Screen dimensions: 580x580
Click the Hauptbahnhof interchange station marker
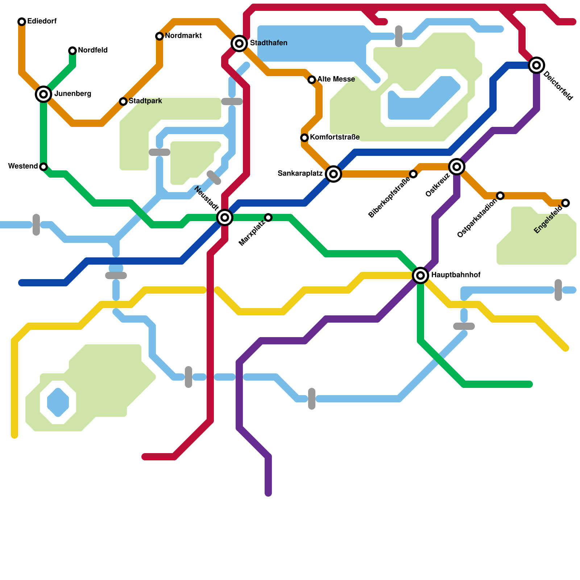[x=420, y=275]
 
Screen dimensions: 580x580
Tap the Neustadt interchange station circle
[x=225, y=217]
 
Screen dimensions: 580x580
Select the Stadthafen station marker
[x=239, y=43]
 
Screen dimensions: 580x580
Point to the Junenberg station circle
[x=43, y=94]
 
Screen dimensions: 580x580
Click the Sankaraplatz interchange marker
[x=333, y=174]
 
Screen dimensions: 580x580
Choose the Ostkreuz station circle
[x=457, y=167]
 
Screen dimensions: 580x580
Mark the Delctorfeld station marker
[x=536, y=65]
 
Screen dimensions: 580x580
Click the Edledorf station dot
[x=22, y=22]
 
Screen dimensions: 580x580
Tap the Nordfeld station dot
[x=72, y=51]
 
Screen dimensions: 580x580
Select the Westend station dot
[x=43, y=167]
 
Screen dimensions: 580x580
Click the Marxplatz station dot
[x=268, y=217]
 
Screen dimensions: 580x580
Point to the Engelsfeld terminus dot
[x=565, y=203]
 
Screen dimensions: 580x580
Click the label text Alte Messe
[x=336, y=79]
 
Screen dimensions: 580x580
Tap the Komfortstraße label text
[x=335, y=137]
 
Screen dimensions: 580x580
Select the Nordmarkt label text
[x=183, y=36]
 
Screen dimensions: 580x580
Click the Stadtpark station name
[x=145, y=101]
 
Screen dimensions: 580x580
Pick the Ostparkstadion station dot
[x=500, y=196]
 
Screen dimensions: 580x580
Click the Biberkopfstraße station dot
[x=413, y=174]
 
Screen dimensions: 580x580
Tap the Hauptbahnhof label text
[x=456, y=275]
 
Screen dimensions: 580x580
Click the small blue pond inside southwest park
[x=58, y=402]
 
